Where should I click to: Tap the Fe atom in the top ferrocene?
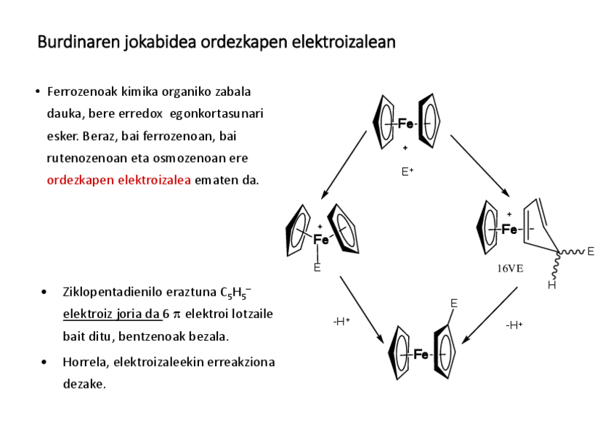pyautogui.click(x=406, y=124)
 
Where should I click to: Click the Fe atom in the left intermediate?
pyautogui.click(x=320, y=240)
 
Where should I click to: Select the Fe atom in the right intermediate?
pyautogui.click(x=509, y=229)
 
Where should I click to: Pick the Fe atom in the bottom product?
pyautogui.click(x=421, y=354)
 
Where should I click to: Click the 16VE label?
pyautogui.click(x=510, y=268)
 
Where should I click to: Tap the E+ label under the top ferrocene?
pyautogui.click(x=408, y=172)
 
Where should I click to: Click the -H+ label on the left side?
pyautogui.click(x=341, y=321)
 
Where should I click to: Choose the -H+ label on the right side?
pyautogui.click(x=514, y=325)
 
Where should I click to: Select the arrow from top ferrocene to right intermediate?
pyautogui.click(x=480, y=165)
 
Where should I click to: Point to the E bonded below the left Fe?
pyautogui.click(x=317, y=267)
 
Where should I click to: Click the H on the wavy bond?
pyautogui.click(x=551, y=285)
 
